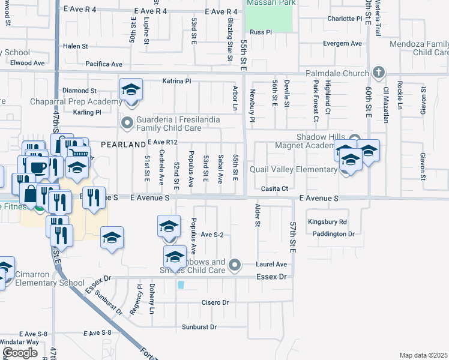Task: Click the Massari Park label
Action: [x=269, y=3]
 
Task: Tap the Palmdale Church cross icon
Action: [x=378, y=73]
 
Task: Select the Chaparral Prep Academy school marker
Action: [x=131, y=91]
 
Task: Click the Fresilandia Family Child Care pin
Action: [x=127, y=124]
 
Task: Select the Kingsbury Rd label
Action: [x=328, y=221]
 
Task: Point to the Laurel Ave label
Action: [x=273, y=264]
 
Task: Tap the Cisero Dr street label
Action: [x=215, y=302]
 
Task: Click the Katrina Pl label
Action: [x=176, y=80]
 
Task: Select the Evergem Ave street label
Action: [x=342, y=43]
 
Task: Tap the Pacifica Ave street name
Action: [x=104, y=64]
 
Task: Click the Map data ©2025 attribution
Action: [x=423, y=355]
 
